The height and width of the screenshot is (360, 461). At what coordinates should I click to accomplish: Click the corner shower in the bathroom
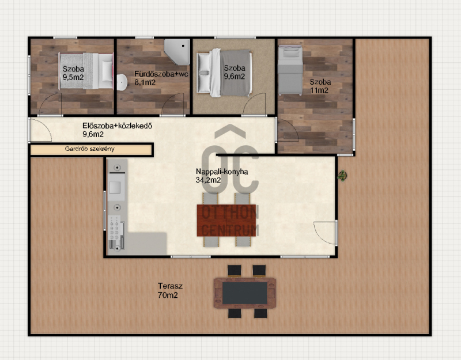[x=177, y=52]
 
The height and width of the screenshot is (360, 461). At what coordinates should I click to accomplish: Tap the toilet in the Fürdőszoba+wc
[x=122, y=82]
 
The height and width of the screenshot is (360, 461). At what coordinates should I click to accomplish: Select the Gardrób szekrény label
[x=90, y=149]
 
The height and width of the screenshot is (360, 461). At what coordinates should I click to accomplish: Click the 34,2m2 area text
[x=208, y=180]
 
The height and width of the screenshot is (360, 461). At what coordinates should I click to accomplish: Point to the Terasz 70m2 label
[x=170, y=290]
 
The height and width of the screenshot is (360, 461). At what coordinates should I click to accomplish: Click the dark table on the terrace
[x=244, y=293]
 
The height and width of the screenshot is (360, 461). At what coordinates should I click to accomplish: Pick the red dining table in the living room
[x=226, y=221]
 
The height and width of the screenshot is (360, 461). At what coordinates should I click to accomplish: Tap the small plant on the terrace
[x=342, y=176]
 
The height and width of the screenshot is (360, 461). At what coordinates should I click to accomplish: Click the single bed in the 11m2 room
[x=290, y=70]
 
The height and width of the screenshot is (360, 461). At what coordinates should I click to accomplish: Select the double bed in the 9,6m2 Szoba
[x=224, y=73]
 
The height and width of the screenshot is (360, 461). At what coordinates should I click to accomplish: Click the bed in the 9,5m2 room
[x=86, y=71]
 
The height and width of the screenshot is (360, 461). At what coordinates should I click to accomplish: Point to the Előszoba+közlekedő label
[x=117, y=126]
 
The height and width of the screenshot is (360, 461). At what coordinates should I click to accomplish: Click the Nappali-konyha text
[x=222, y=172]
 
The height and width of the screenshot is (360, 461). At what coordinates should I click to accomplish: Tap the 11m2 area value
[x=319, y=90]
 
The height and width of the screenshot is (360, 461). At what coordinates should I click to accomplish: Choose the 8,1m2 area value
[x=145, y=82]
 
